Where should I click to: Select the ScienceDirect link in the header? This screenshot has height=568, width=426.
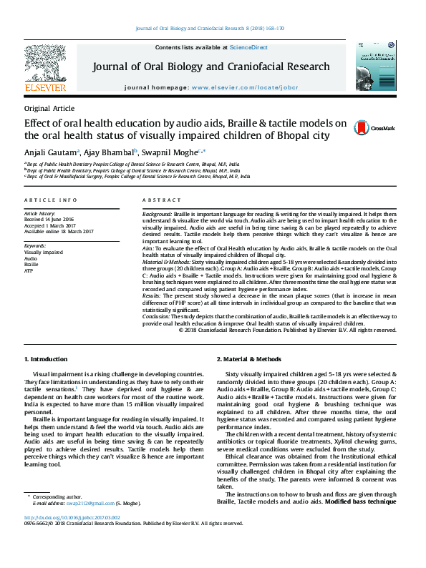pyautogui.click(x=248, y=46)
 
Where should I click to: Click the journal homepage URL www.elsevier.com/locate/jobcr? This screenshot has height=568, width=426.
pyautogui.click(x=244, y=87)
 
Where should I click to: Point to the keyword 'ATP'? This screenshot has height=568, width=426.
pyautogui.click(x=29, y=271)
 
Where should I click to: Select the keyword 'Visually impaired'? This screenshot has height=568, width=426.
pyautogui.click(x=43, y=253)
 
